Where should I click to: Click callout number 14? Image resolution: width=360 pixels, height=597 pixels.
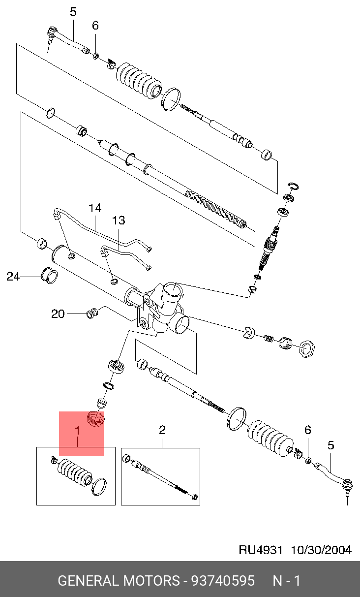click(95, 208)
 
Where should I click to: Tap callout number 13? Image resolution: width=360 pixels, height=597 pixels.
click(119, 220)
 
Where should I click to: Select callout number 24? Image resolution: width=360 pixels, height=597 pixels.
click(13, 277)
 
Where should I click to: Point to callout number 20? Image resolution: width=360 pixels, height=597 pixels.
click(58, 314)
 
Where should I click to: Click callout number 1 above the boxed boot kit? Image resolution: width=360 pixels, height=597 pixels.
click(78, 431)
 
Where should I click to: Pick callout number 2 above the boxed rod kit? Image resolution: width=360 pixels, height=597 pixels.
click(162, 430)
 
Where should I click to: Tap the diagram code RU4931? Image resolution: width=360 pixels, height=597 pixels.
click(261, 550)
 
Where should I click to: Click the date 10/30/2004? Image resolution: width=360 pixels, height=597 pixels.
click(321, 550)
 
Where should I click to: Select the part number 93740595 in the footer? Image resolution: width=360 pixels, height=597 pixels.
click(223, 580)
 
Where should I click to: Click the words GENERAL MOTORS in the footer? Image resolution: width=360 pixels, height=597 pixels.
click(119, 580)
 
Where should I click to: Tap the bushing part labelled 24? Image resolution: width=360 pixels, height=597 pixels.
click(50, 275)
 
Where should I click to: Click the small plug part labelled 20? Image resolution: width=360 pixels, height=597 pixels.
click(92, 314)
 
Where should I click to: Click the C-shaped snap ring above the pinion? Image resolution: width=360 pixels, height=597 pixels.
click(293, 187)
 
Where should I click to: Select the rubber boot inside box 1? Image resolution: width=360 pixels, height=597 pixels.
click(75, 473)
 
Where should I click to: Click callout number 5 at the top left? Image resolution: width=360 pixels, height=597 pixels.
click(73, 12)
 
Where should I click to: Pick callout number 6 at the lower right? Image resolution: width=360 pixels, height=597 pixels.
click(308, 430)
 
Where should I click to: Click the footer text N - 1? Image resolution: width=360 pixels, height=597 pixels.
click(287, 580)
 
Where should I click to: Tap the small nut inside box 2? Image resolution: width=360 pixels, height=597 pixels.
click(195, 497)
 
